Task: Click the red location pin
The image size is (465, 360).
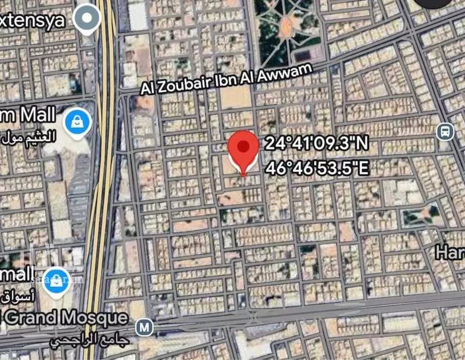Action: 243,149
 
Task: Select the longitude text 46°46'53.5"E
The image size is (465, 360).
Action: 317,168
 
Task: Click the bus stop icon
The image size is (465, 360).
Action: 445,131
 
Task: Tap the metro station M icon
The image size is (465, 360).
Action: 144,327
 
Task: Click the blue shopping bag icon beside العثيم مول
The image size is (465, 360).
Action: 77,121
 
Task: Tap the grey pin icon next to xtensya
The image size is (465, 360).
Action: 88,17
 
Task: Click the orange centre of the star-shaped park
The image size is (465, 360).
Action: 287,25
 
